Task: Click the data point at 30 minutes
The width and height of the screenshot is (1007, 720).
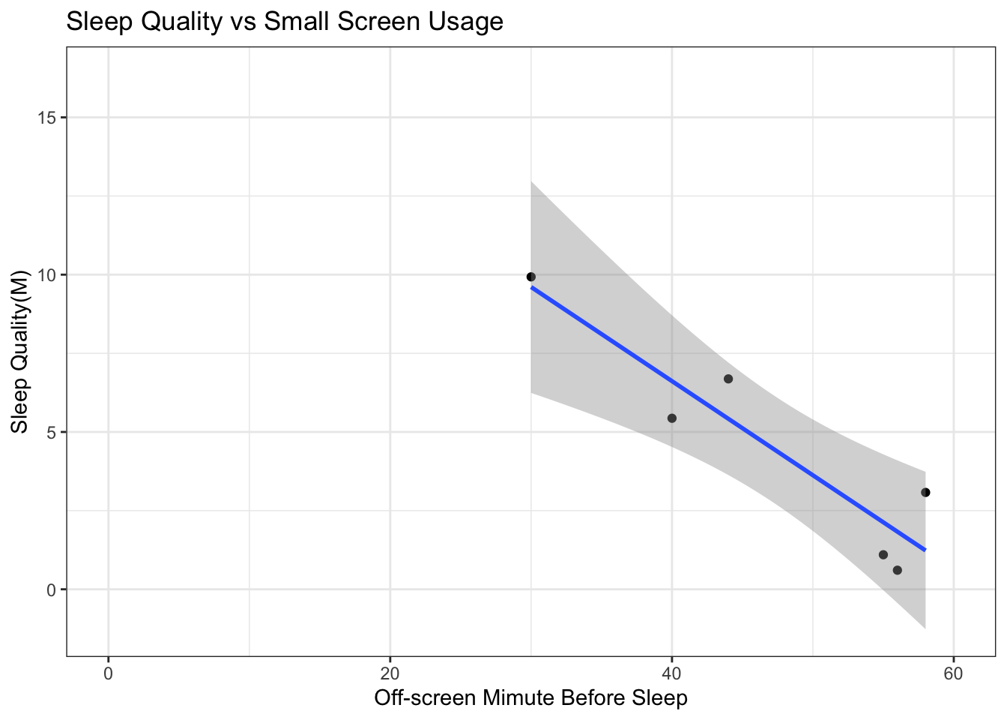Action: pyautogui.click(x=531, y=277)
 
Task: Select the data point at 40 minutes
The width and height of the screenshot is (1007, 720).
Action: pyautogui.click(x=672, y=418)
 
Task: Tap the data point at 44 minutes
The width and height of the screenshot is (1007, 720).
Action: pyautogui.click(x=728, y=379)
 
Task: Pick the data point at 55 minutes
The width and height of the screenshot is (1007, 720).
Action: pyautogui.click(x=883, y=554)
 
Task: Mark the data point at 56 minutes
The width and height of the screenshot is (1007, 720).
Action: pyautogui.click(x=898, y=570)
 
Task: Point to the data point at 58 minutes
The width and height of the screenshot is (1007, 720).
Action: pyautogui.click(x=925, y=492)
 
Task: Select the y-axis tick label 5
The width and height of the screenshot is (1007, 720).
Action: pyautogui.click(x=52, y=432)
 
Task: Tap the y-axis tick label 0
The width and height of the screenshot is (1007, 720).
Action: pyautogui.click(x=52, y=589)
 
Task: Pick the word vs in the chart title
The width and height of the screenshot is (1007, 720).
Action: pyautogui.click(x=244, y=22)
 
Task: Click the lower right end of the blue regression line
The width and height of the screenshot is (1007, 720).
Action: pyautogui.click(x=925, y=549)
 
